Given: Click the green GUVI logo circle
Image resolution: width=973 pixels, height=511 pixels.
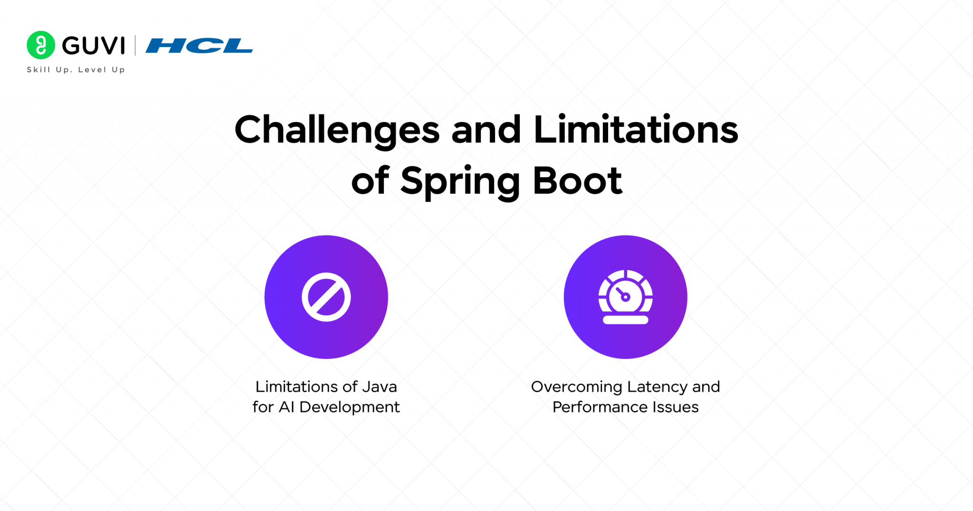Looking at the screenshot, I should coord(41,45).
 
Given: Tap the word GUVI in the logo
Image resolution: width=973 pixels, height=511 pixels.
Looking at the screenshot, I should coord(94,46).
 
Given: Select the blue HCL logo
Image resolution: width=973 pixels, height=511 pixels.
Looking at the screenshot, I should coord(199,46).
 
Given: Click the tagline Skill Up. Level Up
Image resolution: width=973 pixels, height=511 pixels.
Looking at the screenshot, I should coord(76,70).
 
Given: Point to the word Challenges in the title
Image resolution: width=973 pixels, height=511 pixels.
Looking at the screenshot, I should coord(337,130).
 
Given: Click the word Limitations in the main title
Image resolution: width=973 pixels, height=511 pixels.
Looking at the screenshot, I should coord(636,130).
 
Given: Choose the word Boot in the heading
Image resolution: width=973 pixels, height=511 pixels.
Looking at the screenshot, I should coord(577,181).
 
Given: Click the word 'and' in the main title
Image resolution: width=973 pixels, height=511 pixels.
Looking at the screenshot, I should coord(486,130).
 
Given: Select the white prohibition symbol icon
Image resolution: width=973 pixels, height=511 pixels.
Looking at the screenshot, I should coord(326,297).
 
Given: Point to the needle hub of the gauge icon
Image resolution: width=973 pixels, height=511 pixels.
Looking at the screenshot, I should coord(626,297).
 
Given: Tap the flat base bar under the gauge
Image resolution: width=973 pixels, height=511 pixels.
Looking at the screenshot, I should coord(625,320).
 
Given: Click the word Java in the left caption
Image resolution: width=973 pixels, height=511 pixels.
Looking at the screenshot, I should coord(380,387).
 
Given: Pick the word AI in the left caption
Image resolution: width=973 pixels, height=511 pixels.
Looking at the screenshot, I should coord(286,407).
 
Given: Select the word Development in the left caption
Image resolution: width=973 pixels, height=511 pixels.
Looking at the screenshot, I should coord(349,407).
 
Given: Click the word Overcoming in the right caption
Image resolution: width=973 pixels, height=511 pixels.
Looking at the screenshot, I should coord(576,387).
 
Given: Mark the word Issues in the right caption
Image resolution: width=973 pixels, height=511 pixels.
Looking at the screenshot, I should coord(675,407).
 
